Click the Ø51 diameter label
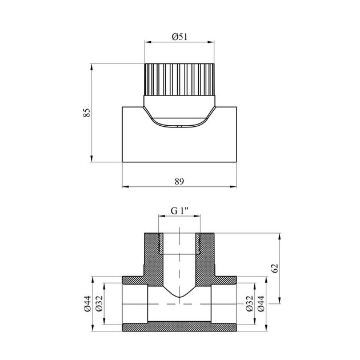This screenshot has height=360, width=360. coord(179,37)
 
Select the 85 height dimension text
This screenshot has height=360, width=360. coord(87,113)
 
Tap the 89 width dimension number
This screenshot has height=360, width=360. coord(179,181)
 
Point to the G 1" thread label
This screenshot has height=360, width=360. coord(179,210)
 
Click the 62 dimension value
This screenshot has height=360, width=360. coord(275,268)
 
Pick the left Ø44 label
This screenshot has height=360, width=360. coord(87,303)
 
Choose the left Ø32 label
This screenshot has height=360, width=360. coord(99,303)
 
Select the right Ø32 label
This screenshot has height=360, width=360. coord(249,303)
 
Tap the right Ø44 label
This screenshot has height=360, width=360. coord(261,303)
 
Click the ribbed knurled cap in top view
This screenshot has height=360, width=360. coord(179,79)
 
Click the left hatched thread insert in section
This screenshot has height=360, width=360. coord(161,243)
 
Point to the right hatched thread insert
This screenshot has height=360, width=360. coord(198,243)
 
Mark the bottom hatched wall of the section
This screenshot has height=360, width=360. coord(179,326)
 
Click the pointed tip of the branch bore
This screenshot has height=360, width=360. coord(179,297)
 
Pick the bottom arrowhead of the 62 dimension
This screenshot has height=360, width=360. coord(279,301)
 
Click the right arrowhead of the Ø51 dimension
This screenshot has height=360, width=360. coord(211,42)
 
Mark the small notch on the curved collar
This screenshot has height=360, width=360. coord(179,126)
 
